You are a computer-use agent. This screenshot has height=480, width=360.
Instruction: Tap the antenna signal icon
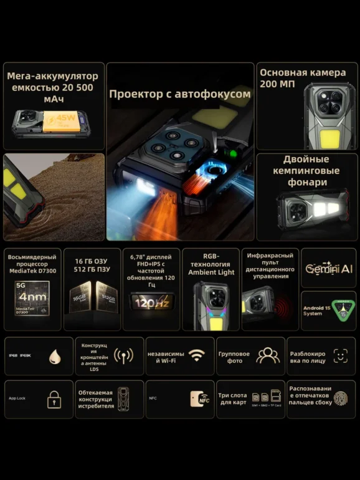click(123, 356)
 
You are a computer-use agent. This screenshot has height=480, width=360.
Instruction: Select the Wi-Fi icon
click(197, 355)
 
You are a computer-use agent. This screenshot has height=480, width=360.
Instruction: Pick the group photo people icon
click(268, 355)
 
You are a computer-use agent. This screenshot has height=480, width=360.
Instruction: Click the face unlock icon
click(340, 356)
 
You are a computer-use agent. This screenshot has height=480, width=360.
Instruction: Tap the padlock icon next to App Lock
click(54, 399)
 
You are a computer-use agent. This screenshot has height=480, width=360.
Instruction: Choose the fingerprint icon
click(340, 399)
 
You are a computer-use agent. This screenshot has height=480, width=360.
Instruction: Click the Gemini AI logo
click(329, 268)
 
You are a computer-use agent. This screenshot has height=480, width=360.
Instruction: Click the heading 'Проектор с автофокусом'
click(179, 94)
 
